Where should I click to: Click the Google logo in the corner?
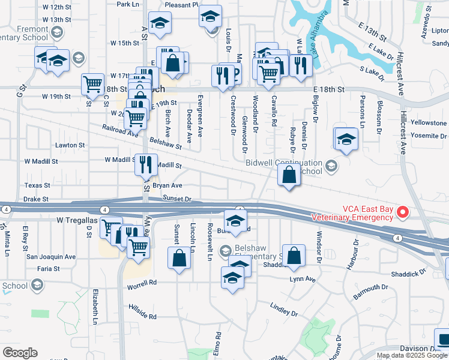[20, 353]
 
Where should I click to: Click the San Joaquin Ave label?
[51, 257]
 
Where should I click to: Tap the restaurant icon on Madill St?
[145, 163]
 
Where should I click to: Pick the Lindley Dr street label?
[284, 309]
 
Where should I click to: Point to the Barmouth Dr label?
[370, 292]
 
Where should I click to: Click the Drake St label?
[35, 199]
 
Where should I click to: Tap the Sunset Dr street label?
[176, 199]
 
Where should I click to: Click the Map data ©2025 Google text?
[412, 355]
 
